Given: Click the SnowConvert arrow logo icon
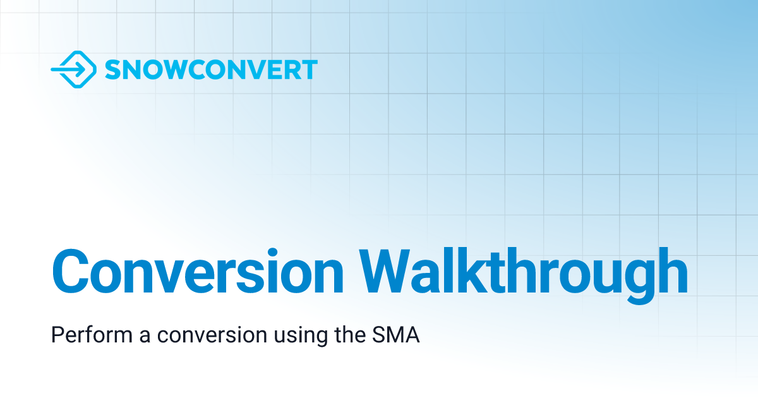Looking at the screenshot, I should (73, 69).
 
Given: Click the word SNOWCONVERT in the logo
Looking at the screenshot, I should (211, 69).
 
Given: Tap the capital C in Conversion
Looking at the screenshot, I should (69, 273).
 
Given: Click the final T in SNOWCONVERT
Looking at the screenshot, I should (309, 69).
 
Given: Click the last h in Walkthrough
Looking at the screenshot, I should (671, 272).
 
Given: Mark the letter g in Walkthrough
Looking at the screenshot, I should (635, 278).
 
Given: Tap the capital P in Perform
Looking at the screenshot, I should (57, 335).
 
